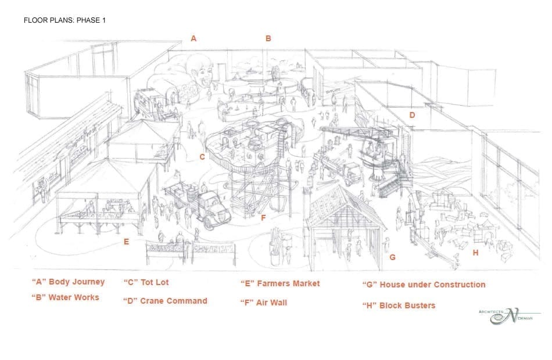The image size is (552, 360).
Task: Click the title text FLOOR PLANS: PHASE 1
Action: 64,20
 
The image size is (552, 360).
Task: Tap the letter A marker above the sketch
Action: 193,38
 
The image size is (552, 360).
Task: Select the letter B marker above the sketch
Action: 268,38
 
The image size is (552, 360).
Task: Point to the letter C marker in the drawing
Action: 202,157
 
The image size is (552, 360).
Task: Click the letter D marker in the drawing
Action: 412,115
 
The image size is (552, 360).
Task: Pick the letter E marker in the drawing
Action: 126,242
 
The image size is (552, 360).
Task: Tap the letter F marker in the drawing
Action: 263,218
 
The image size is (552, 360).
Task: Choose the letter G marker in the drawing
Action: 393,257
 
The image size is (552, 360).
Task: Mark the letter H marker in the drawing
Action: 476,253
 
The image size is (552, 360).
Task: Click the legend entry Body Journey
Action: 69,282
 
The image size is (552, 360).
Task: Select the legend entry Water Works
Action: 66,297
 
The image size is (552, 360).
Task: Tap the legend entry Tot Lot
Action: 146,282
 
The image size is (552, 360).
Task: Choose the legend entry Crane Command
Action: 165,301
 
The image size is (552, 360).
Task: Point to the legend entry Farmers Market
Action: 280,283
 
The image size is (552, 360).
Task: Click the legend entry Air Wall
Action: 264,303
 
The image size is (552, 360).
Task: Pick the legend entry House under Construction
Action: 424,285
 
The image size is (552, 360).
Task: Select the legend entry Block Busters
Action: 399,305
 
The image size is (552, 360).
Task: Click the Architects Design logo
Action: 510,316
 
